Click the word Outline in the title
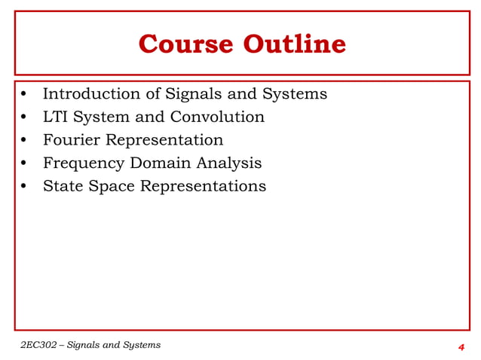(x=294, y=44)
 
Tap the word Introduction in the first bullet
(x=91, y=94)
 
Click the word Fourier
(x=71, y=140)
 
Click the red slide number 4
(x=461, y=346)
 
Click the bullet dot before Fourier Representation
(x=25, y=141)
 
